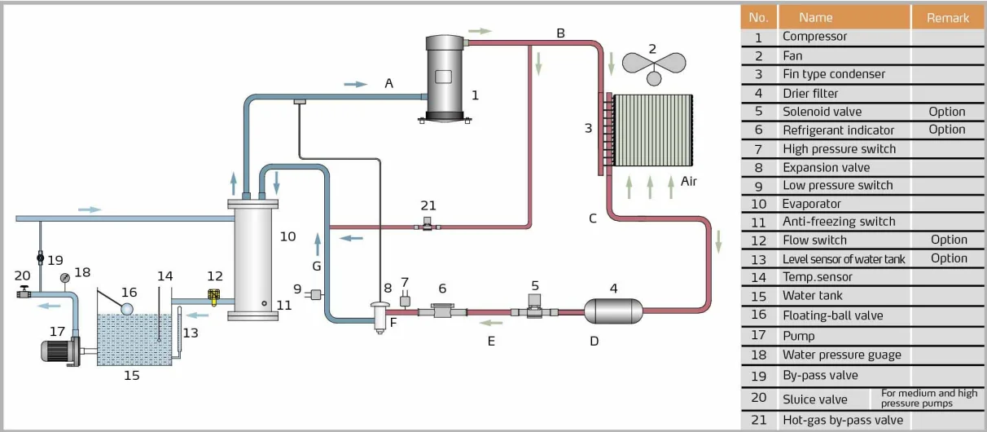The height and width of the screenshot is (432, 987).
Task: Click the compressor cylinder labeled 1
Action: tap(444, 77)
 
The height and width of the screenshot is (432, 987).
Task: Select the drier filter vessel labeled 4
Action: tap(613, 310)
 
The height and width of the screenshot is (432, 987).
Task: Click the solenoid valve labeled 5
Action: tap(535, 309)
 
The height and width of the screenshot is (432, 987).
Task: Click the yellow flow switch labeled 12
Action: tap(215, 298)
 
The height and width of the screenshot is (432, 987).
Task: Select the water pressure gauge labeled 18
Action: tap(64, 277)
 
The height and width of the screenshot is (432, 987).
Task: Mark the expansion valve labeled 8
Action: tap(377, 314)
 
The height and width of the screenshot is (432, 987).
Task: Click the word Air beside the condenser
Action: tap(690, 181)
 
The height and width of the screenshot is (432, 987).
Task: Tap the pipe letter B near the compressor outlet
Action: tap(560, 33)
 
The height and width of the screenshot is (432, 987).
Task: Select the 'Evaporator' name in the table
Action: tap(811, 204)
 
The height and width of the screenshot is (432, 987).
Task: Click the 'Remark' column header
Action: tap(947, 17)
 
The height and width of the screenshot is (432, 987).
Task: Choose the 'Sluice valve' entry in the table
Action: tap(814, 399)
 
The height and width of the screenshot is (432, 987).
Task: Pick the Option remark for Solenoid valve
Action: tap(947, 112)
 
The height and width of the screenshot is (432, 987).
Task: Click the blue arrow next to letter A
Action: tap(355, 83)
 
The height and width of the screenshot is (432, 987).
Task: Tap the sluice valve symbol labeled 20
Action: tap(24, 292)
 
